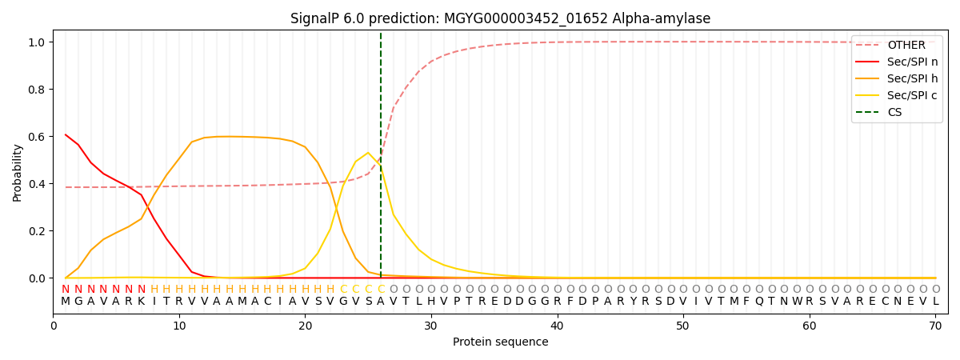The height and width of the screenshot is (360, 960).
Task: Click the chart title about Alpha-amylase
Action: point(500,18)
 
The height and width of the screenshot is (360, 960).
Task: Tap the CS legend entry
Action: point(894,113)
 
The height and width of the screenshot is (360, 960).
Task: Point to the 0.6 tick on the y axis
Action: point(36,137)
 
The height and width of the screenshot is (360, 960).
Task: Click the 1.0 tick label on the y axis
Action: point(36,42)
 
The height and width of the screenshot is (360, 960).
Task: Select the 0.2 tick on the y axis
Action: point(36,231)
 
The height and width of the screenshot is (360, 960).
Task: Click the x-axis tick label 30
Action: point(431,326)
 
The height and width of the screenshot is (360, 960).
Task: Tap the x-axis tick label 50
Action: point(683,326)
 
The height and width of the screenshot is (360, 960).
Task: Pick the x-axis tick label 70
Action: point(935,326)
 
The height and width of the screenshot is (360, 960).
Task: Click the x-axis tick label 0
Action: point(54,326)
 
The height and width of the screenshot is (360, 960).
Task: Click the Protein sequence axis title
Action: point(500,342)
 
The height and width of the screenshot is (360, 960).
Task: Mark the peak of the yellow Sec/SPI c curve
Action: point(368,153)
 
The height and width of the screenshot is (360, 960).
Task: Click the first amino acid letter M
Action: point(66,302)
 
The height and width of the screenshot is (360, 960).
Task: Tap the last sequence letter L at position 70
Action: point(935,302)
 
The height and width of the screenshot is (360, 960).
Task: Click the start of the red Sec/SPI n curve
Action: point(66,134)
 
